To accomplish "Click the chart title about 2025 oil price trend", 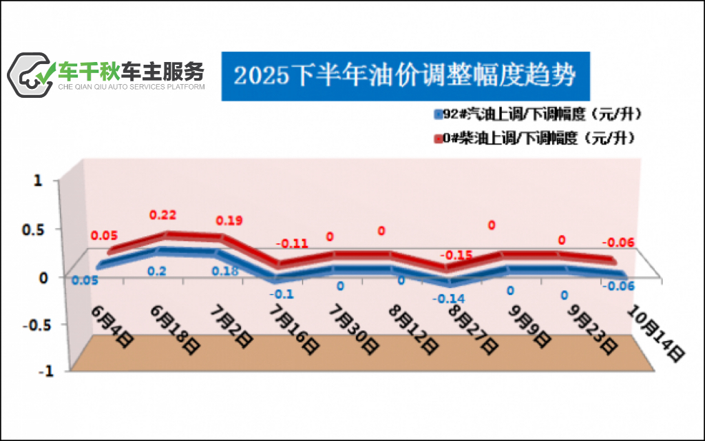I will point(405,74).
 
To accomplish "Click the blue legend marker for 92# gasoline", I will point(438,114).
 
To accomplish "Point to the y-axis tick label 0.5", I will point(34,229).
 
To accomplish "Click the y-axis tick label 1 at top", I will point(39,181).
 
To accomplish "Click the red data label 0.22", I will point(164,216).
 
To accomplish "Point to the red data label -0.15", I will point(455,255).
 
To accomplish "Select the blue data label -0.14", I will point(448,298).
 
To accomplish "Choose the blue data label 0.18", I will point(225,271).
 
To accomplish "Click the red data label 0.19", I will point(229,220).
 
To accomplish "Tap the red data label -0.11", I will point(291,243).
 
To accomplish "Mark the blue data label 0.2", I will point(157,271).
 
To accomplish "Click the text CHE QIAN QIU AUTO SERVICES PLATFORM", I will point(131,88).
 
